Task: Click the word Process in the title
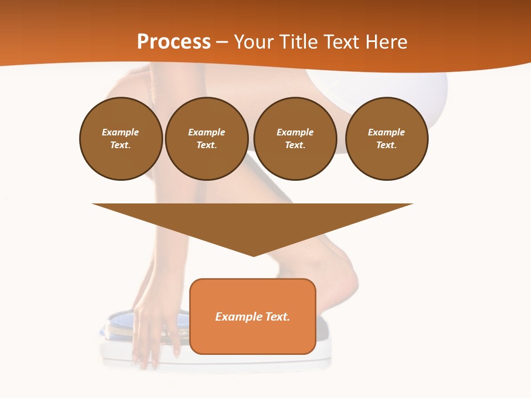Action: click(x=174, y=42)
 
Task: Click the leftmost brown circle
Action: click(x=121, y=139)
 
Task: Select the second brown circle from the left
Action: click(x=206, y=139)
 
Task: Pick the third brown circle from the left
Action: click(x=295, y=139)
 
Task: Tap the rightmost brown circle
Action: click(x=386, y=139)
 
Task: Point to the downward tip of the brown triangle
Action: click(x=253, y=255)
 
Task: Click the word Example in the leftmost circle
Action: click(x=121, y=132)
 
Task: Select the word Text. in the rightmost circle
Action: click(x=386, y=145)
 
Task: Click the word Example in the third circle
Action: click(x=295, y=132)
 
